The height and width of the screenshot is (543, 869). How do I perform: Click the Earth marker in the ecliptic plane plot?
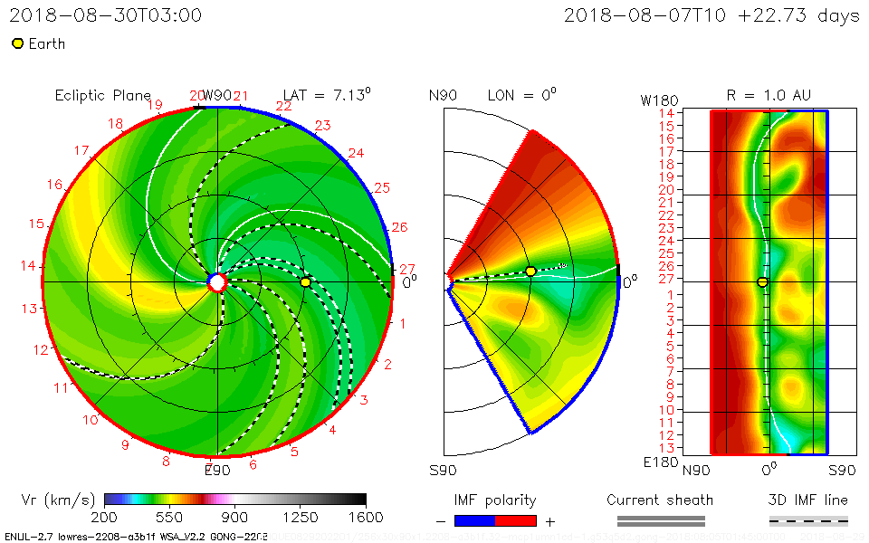305,282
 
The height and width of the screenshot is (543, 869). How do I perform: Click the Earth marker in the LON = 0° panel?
530,271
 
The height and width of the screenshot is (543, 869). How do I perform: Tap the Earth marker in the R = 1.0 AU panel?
762,282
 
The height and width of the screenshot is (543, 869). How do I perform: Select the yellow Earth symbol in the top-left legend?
17,43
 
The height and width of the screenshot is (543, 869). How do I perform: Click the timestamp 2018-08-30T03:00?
106,15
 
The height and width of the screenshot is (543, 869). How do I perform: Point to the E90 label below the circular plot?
217,470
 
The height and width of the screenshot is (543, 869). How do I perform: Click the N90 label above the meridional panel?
444,95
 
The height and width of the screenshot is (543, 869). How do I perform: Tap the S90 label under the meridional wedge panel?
444,471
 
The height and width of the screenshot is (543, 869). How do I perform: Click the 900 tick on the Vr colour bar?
235,518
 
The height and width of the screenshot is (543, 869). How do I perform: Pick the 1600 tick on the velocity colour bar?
366,518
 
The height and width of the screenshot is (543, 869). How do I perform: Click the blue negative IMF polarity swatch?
474,520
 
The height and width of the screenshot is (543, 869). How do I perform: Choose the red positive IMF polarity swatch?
515,520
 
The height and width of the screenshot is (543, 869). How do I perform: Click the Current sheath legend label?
660,500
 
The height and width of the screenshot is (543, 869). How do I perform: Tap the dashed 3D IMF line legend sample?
808,520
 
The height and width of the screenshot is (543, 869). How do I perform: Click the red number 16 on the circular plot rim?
55,185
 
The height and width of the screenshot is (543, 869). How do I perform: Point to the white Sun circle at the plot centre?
217,282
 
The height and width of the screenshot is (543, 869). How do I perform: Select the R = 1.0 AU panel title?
769,95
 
